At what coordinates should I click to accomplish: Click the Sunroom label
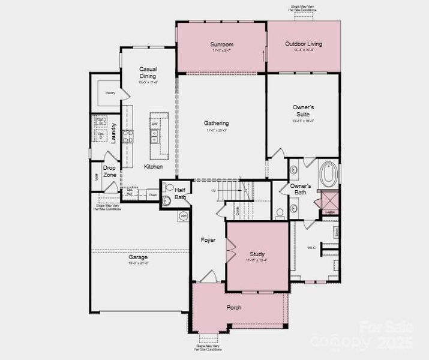pyautogui.click(x=221, y=44)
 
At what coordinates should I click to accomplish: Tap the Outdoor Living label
pyautogui.click(x=303, y=44)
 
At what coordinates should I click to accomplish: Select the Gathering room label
pyautogui.click(x=216, y=124)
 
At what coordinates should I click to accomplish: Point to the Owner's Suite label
pyautogui.click(x=303, y=110)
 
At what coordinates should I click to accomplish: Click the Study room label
pyautogui.click(x=257, y=254)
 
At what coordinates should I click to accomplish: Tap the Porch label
pyautogui.click(x=233, y=307)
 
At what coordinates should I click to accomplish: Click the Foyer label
pyautogui.click(x=208, y=240)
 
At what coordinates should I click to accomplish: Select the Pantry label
pyautogui.click(x=110, y=93)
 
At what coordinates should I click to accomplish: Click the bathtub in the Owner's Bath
pyautogui.click(x=328, y=174)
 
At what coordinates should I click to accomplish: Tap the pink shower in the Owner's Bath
pyautogui.click(x=329, y=200)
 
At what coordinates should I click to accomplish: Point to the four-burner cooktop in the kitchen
pyautogui.click(x=127, y=136)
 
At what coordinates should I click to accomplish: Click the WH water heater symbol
pyautogui.click(x=184, y=216)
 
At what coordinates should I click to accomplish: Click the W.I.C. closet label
pyautogui.click(x=311, y=247)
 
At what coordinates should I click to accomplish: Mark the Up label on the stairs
pyautogui.click(x=213, y=190)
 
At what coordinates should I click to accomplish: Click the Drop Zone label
pyautogui.click(x=109, y=172)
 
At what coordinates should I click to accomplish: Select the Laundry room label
pyautogui.click(x=113, y=133)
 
